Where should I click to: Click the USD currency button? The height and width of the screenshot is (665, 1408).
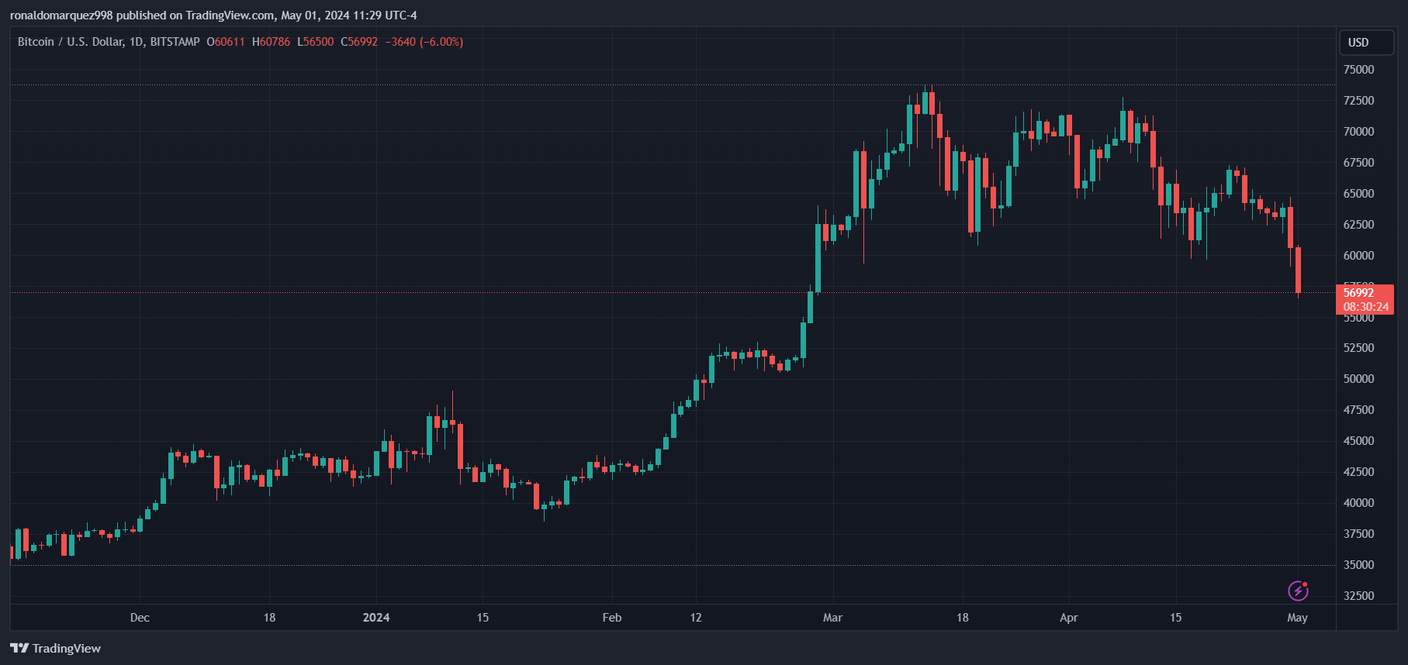tap(1366, 43)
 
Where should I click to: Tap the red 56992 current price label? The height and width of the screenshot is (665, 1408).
tap(1365, 299)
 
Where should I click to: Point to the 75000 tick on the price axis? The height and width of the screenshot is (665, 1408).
tap(1358, 70)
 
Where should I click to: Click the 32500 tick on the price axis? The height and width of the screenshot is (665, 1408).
tap(1358, 596)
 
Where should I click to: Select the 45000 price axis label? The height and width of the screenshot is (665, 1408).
tap(1358, 441)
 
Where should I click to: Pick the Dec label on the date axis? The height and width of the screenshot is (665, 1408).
tap(140, 618)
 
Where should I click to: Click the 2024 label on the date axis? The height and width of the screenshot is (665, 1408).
tap(376, 618)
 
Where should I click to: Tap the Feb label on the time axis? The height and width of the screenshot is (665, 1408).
tap(612, 618)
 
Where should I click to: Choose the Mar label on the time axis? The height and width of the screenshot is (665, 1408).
tap(832, 618)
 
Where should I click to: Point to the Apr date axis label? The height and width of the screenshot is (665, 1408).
tap(1069, 618)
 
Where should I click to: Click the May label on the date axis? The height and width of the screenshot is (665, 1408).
tap(1297, 618)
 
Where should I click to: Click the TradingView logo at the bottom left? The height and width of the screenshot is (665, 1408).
tap(56, 648)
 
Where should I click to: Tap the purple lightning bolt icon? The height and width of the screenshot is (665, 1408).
tap(1298, 591)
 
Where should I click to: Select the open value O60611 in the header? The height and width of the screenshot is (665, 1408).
tap(226, 42)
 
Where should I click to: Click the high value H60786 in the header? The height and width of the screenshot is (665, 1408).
tap(271, 42)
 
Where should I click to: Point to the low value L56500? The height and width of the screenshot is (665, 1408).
tap(315, 42)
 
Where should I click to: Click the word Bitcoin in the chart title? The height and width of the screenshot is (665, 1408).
tap(36, 42)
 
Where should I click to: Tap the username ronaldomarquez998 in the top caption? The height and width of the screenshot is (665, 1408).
tap(61, 16)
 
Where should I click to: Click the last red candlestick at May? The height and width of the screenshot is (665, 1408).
tap(1298, 270)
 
